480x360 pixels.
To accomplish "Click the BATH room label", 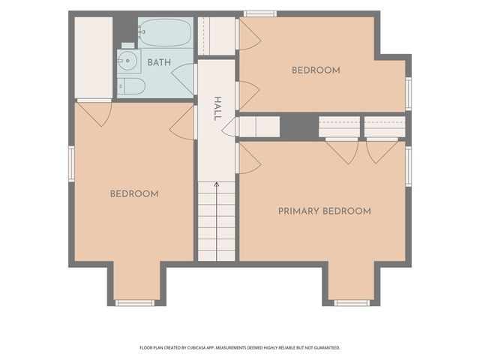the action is (159, 62).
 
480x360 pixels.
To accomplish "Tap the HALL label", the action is (217, 109).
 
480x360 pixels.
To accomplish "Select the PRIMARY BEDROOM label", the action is (325, 211).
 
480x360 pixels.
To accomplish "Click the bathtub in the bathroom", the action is (165, 32).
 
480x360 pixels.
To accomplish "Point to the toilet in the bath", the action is (132, 86).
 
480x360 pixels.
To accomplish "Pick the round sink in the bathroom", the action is (127, 61).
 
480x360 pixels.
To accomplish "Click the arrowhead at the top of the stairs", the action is (217, 184).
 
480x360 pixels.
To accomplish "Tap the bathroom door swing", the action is (182, 79).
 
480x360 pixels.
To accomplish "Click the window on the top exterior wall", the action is (260, 14).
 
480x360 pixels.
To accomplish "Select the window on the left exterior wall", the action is (72, 164).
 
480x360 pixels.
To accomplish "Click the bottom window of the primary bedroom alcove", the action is (352, 303).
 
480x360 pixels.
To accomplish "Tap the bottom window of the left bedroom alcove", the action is (135, 303).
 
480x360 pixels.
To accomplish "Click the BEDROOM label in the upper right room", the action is (316, 70).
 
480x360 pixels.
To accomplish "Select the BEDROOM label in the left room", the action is (134, 193).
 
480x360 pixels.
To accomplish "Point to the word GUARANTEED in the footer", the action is (328, 348).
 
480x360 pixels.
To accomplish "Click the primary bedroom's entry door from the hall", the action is (248, 158).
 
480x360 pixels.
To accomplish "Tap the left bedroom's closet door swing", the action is (94, 112).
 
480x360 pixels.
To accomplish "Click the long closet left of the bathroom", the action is (94, 58).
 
